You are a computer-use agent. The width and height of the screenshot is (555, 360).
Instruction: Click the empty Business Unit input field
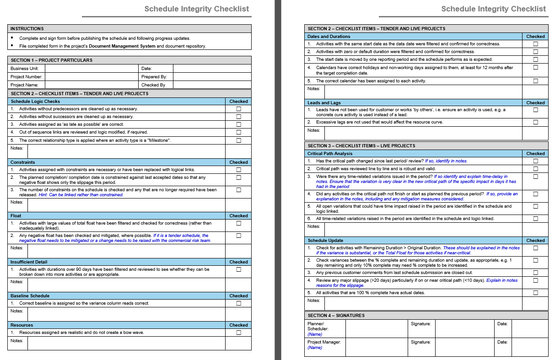(92, 69)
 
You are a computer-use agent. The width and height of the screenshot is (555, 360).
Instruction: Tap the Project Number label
(27, 77)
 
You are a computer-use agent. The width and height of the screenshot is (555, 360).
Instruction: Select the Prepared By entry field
(212, 77)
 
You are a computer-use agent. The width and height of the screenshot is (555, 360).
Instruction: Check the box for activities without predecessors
(238, 109)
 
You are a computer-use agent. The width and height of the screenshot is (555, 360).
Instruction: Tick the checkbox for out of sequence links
(238, 132)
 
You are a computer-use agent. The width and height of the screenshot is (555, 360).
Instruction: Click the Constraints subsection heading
(23, 162)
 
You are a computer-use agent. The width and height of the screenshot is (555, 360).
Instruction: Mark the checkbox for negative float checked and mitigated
(238, 236)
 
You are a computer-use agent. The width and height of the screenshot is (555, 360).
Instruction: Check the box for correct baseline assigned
(238, 303)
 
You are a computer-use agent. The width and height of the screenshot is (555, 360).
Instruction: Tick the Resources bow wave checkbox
(238, 333)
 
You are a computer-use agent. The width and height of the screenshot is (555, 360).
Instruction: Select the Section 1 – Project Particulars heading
(51, 60)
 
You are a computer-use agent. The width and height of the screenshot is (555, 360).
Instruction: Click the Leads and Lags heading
(324, 103)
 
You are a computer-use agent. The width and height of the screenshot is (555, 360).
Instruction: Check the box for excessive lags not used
(535, 123)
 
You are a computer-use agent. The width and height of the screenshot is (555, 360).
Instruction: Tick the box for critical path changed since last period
(535, 161)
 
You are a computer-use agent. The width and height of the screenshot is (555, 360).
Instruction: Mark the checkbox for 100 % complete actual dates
(535, 293)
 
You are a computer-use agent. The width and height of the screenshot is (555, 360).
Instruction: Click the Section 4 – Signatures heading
(336, 316)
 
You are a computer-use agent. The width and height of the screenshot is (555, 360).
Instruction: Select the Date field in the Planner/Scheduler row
(529, 328)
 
